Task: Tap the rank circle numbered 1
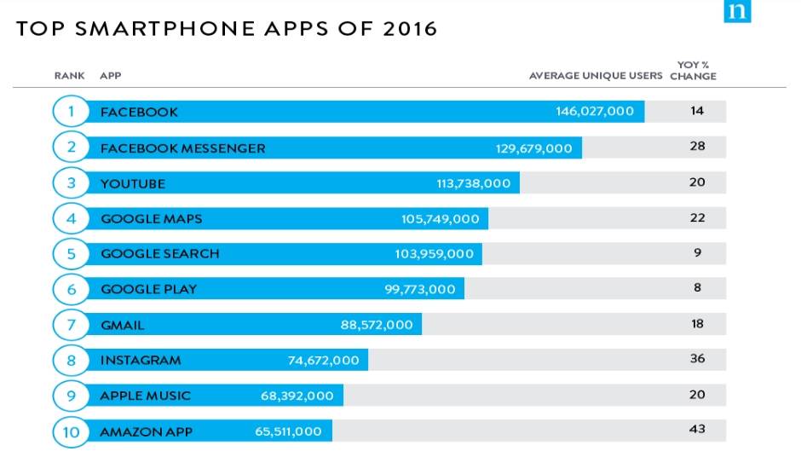click(72, 112)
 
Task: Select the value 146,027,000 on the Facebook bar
click(595, 112)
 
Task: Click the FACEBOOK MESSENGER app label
click(182, 147)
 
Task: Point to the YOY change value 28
click(698, 147)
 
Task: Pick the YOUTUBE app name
click(133, 183)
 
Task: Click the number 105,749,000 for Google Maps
click(441, 219)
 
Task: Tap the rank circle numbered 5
click(72, 253)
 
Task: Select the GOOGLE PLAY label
click(148, 289)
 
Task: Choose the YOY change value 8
click(698, 288)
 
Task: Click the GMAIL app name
click(123, 325)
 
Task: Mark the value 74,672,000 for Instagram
click(324, 360)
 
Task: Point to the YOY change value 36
click(698, 359)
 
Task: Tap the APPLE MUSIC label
click(146, 396)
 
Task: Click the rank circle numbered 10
click(72, 431)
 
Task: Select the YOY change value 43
click(698, 429)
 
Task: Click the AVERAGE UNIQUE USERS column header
click(595, 76)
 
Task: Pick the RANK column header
click(69, 76)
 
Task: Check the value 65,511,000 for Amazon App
click(288, 431)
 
